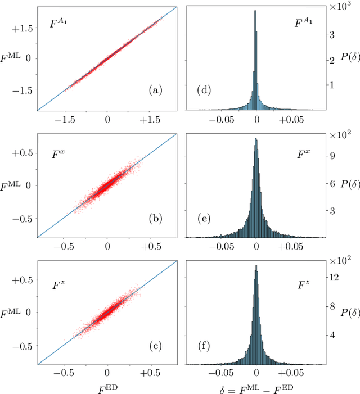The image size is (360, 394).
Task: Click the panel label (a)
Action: (x=155, y=90)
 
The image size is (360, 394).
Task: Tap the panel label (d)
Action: (x=204, y=90)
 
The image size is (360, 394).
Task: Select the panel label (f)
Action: (x=204, y=346)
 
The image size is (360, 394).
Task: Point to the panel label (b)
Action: (x=155, y=218)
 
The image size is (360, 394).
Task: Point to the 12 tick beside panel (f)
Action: (x=333, y=277)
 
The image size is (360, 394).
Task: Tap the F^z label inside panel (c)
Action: (x=58, y=286)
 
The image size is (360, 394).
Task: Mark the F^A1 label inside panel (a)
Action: (x=60, y=25)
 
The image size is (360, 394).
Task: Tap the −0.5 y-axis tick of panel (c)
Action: (x=23, y=346)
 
